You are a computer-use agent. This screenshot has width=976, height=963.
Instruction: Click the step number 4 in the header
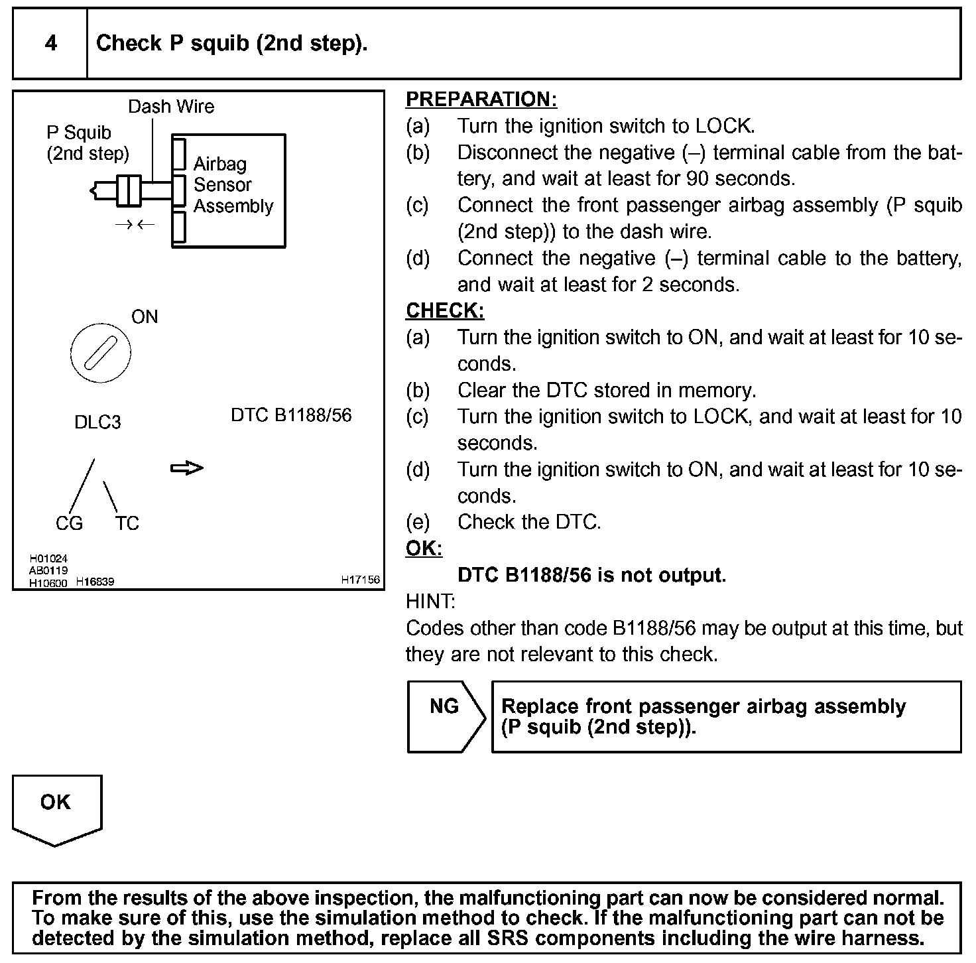pyautogui.click(x=50, y=44)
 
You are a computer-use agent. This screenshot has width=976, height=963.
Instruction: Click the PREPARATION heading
pyautogui.click(x=481, y=99)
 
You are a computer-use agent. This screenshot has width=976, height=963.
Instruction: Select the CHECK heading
pyautogui.click(x=445, y=311)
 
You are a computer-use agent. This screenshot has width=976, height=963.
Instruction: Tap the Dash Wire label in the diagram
pyautogui.click(x=171, y=107)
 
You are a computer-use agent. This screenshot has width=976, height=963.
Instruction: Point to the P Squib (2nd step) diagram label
pyautogui.click(x=88, y=143)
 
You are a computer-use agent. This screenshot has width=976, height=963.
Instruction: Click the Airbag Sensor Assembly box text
pyautogui.click(x=233, y=185)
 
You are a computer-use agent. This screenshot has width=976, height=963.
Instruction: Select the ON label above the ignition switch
pyautogui.click(x=145, y=317)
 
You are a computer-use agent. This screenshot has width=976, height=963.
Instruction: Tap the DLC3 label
pyautogui.click(x=97, y=422)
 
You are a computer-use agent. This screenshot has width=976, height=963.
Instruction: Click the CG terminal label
pyautogui.click(x=69, y=524)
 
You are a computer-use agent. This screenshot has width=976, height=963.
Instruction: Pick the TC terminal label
pyautogui.click(x=127, y=524)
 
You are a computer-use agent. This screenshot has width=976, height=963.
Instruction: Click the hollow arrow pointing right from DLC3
pyautogui.click(x=187, y=468)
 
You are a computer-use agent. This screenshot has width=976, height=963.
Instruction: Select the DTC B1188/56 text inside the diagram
pyautogui.click(x=291, y=415)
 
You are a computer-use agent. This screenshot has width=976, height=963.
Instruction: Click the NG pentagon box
pyautogui.click(x=444, y=716)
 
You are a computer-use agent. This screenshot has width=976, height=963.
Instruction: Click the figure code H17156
pyautogui.click(x=360, y=580)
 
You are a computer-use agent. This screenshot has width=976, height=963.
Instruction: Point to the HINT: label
pyautogui.click(x=430, y=602)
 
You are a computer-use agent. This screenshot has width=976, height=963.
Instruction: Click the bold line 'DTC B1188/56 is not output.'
pyautogui.click(x=591, y=575)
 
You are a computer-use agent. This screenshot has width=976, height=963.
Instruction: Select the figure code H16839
pyautogui.click(x=95, y=582)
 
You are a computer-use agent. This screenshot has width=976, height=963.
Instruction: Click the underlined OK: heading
pyautogui.click(x=424, y=549)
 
